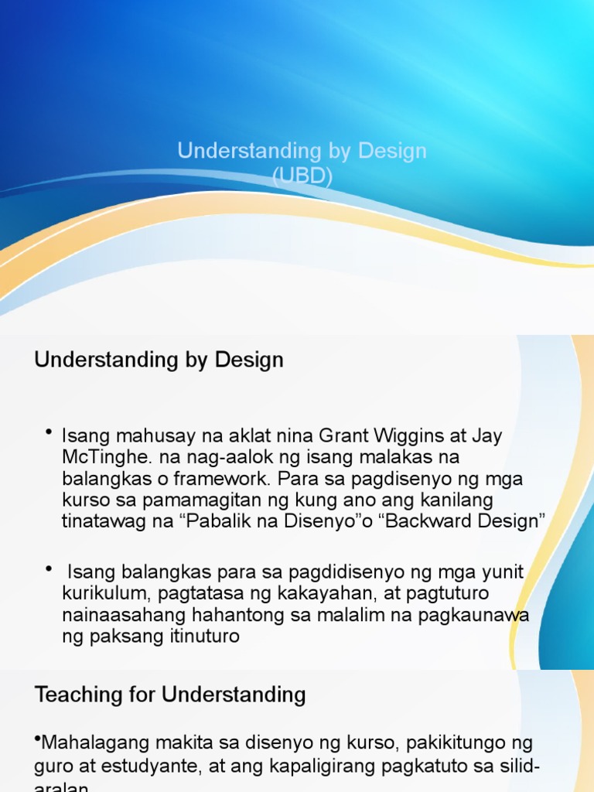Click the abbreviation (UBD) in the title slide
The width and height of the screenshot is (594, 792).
(302, 177)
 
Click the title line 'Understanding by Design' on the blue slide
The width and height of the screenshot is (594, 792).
(302, 150)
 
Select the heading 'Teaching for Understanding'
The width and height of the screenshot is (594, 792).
(170, 695)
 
